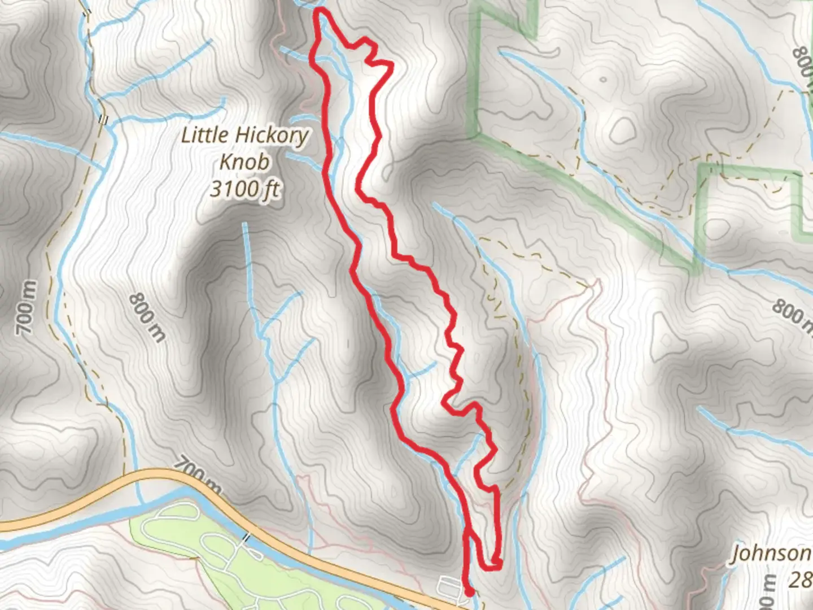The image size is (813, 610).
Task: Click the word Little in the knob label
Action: [x=204, y=136]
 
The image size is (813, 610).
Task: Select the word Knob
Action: [x=244, y=162]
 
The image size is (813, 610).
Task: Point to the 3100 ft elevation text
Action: [x=244, y=189]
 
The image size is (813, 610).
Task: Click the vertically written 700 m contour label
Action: [x=27, y=307]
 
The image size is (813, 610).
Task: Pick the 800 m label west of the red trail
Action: [x=148, y=317]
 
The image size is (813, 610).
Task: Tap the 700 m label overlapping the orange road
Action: [x=198, y=473]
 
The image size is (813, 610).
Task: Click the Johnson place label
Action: [x=771, y=554]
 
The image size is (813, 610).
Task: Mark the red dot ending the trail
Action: [x=469, y=591]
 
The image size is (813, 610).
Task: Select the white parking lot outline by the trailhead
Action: [x=450, y=585]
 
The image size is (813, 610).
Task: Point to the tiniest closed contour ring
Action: [x=603, y=80]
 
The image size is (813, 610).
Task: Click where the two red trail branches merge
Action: [x=467, y=531]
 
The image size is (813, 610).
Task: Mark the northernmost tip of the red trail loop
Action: [x=321, y=12]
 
